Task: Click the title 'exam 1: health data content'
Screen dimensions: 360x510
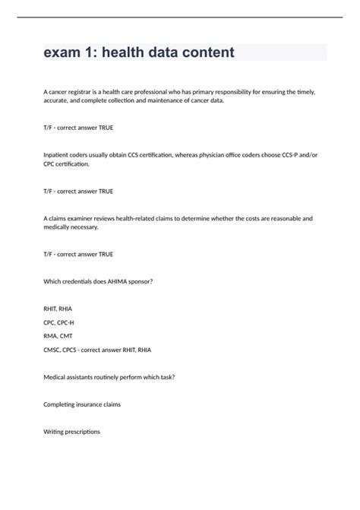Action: (x=139, y=52)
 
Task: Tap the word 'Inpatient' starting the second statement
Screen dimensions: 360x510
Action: (x=59, y=155)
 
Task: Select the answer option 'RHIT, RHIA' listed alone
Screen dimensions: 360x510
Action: (x=58, y=309)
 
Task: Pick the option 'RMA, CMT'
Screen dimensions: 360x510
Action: (x=58, y=336)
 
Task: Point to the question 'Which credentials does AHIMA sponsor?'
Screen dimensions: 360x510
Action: (x=99, y=281)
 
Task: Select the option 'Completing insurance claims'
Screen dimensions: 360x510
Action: (x=83, y=404)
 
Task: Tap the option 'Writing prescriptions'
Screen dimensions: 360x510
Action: (x=72, y=432)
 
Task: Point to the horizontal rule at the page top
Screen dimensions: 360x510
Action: (x=180, y=17)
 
